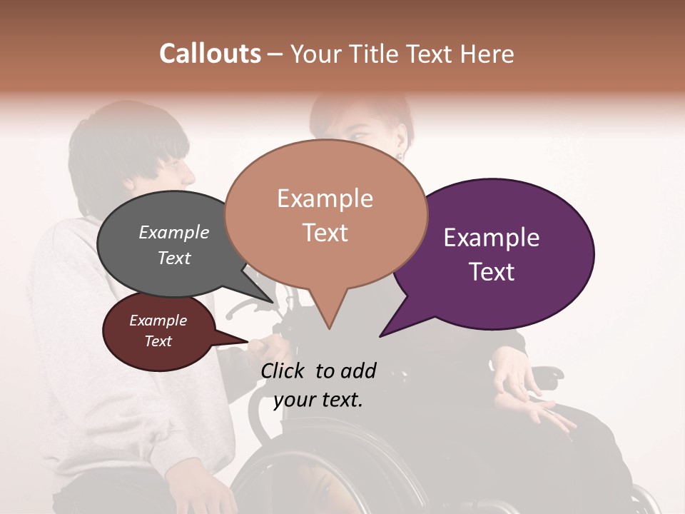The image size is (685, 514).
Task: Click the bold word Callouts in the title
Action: click(210, 54)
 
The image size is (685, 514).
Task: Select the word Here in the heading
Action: click(487, 54)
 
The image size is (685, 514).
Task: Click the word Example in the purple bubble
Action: click(492, 238)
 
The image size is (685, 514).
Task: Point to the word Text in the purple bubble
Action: click(492, 271)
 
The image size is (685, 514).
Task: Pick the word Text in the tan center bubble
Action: click(325, 232)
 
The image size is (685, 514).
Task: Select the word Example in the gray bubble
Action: click(174, 232)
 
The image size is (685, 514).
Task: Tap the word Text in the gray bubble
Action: click(174, 258)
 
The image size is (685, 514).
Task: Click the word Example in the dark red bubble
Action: click(158, 321)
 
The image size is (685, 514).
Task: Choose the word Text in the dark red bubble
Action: click(158, 341)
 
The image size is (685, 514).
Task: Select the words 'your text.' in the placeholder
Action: click(318, 400)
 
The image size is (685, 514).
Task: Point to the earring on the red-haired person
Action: click(401, 154)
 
